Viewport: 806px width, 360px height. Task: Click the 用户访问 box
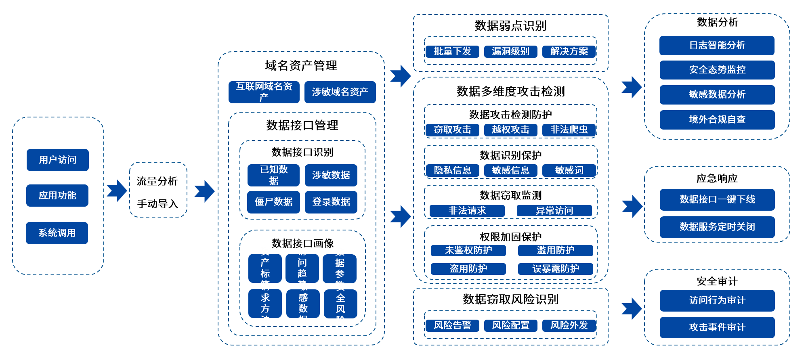coord(57,160)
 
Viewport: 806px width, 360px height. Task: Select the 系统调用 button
coord(57,233)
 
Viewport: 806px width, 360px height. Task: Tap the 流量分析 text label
coord(157,181)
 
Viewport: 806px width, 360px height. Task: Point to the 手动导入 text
coord(157,204)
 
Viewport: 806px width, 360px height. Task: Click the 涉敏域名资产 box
coord(340,92)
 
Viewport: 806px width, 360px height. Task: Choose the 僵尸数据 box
coord(273,202)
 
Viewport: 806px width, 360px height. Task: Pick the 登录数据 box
coord(331,202)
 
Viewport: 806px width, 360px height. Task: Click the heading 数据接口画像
coord(302,243)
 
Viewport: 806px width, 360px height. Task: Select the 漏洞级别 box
coord(510,51)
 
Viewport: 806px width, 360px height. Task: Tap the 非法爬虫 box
coord(569,130)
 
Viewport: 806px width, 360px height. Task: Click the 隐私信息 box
coord(452,170)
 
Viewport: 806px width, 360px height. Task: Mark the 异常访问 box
coord(554,211)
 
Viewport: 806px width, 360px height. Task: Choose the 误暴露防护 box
coord(555,269)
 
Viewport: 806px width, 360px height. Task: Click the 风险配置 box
coord(510,325)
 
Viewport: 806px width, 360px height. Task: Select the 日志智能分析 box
coord(717,45)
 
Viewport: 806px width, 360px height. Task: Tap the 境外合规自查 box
coord(717,119)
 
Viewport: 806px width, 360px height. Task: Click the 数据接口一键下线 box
coord(717,199)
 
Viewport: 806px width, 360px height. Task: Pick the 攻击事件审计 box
coord(717,327)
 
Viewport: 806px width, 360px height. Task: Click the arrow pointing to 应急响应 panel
coord(632,206)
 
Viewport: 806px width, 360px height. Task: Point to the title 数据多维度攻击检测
coord(510,92)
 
